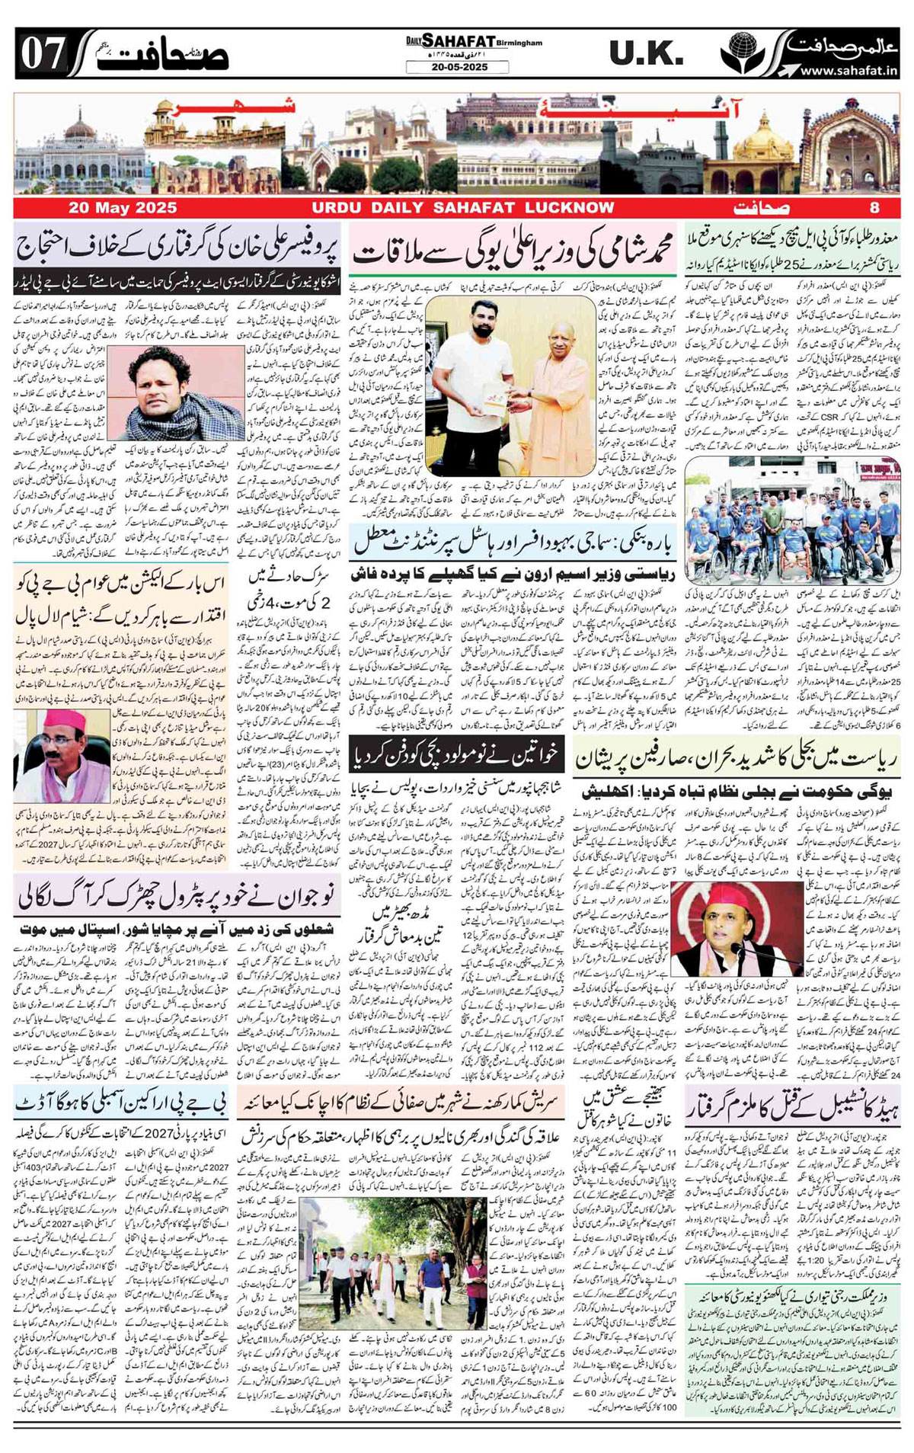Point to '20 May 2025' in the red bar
click(123, 208)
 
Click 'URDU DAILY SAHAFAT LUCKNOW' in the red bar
click(462, 208)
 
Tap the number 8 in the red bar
click(874, 208)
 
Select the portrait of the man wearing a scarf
click(187, 389)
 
